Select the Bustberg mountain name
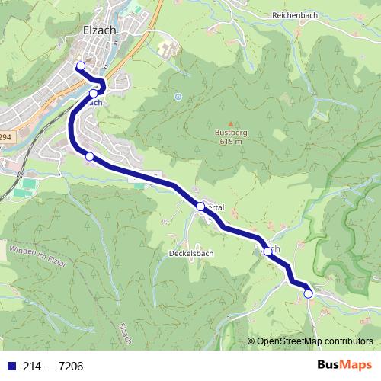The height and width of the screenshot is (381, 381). coord(228,133)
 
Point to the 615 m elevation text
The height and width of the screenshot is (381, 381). coord(229,141)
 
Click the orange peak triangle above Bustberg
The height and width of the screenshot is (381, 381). coord(229,123)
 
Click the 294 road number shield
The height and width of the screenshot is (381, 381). coord(6,137)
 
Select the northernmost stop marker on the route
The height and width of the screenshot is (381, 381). coord(81,66)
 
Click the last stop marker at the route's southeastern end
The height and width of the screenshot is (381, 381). coord(308,293)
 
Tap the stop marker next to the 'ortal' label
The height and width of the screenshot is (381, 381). coord(200,207)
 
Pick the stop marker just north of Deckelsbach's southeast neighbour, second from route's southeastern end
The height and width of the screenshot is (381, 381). coord(267,251)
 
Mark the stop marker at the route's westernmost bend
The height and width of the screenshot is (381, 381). coord(89,156)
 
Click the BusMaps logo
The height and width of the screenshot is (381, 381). coord(344,366)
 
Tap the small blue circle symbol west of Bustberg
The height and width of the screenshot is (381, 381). coord(178,97)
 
